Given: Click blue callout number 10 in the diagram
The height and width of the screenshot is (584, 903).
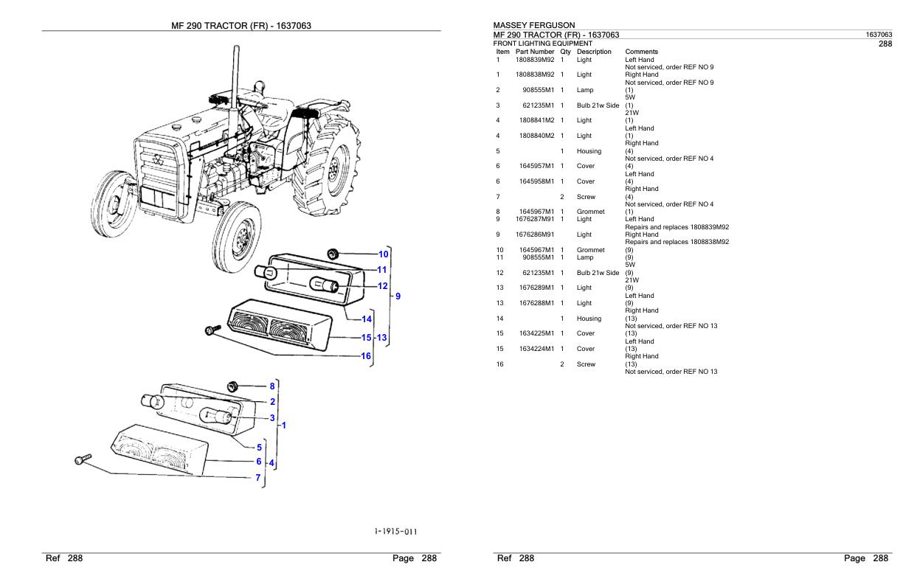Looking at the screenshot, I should [383, 254].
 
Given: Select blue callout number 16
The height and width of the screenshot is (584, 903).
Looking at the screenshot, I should [365, 356].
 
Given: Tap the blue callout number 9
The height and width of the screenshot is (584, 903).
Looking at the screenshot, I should [398, 296].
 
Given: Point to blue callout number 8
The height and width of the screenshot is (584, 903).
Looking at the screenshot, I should [271, 386].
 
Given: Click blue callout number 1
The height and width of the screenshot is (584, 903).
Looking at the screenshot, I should [283, 425].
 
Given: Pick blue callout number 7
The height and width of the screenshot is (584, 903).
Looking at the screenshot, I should [257, 478].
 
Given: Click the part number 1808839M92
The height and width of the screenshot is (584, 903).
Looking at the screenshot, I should [535, 60].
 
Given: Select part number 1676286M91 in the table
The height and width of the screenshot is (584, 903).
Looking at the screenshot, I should [535, 234].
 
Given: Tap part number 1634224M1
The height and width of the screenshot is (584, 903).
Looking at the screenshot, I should [536, 349].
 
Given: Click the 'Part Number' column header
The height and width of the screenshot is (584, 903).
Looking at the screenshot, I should [535, 52].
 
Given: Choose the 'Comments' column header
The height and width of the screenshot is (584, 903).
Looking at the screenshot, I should [641, 52].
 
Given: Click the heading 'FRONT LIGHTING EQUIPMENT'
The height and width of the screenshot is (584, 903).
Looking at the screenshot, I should [542, 44].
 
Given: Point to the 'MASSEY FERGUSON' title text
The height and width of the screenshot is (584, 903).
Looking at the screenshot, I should [533, 26].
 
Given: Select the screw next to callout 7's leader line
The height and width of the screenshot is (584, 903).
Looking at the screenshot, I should [83, 459].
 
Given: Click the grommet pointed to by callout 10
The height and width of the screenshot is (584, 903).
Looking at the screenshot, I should [332, 254].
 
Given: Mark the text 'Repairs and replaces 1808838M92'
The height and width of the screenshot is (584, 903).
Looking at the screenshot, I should [677, 242].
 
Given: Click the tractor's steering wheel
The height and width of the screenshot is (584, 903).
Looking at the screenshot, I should [260, 96].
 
